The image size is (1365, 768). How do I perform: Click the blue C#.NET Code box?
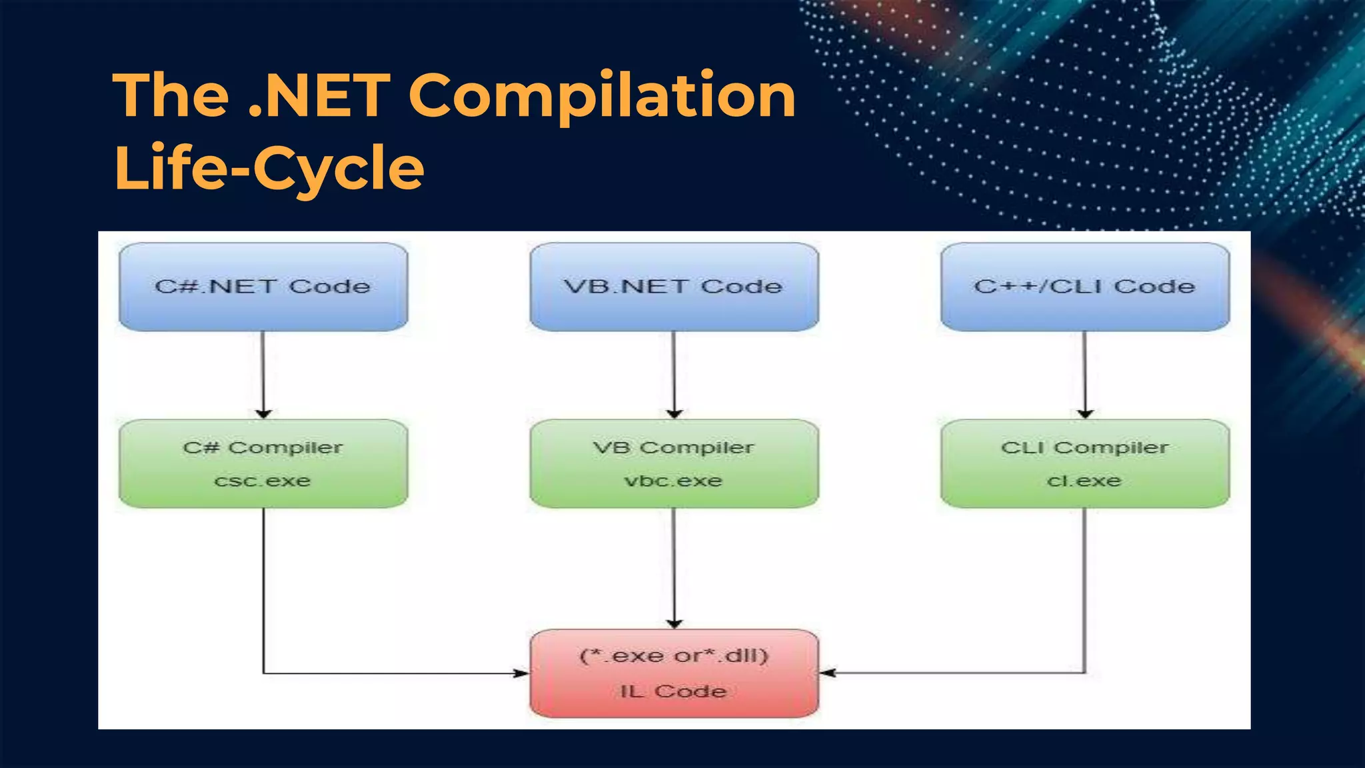coord(263,287)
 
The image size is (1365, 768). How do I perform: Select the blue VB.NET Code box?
coord(674,287)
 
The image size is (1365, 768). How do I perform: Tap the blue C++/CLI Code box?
coord(1084,287)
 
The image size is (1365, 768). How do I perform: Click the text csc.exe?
coord(263,481)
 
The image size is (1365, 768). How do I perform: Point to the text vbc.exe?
coord(673,481)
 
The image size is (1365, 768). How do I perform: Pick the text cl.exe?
coord(1084,481)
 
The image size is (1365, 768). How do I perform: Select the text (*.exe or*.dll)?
coord(674,656)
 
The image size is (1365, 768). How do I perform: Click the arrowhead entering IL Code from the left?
coord(522,673)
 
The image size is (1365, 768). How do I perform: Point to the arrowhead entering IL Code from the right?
coord(827,673)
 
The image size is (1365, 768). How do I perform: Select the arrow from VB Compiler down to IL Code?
coord(674,567)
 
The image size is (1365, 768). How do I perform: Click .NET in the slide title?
coord(319,97)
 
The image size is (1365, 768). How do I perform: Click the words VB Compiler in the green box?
coord(673,447)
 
